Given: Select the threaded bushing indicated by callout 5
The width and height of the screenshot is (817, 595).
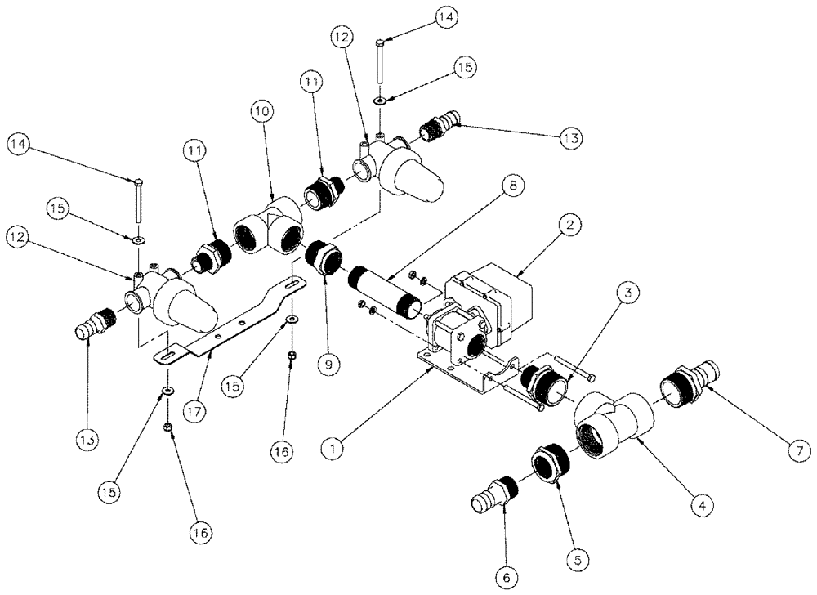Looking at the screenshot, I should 549,463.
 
